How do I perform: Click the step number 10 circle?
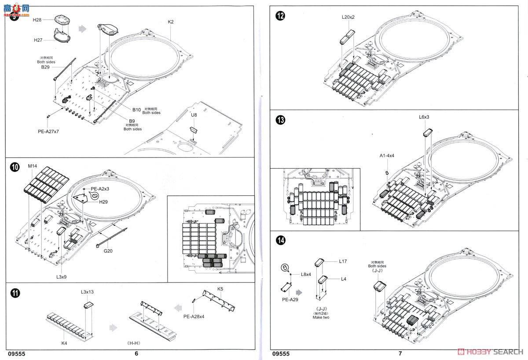15,167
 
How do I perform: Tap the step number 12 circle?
280,16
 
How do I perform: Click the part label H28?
37,21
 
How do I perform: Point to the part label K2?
171,22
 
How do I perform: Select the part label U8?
194,115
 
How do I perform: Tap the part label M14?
33,166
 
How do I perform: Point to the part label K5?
221,289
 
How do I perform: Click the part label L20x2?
348,17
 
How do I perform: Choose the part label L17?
343,261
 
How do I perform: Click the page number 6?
136,353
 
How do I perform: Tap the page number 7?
400,353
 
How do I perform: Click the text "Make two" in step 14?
321,317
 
